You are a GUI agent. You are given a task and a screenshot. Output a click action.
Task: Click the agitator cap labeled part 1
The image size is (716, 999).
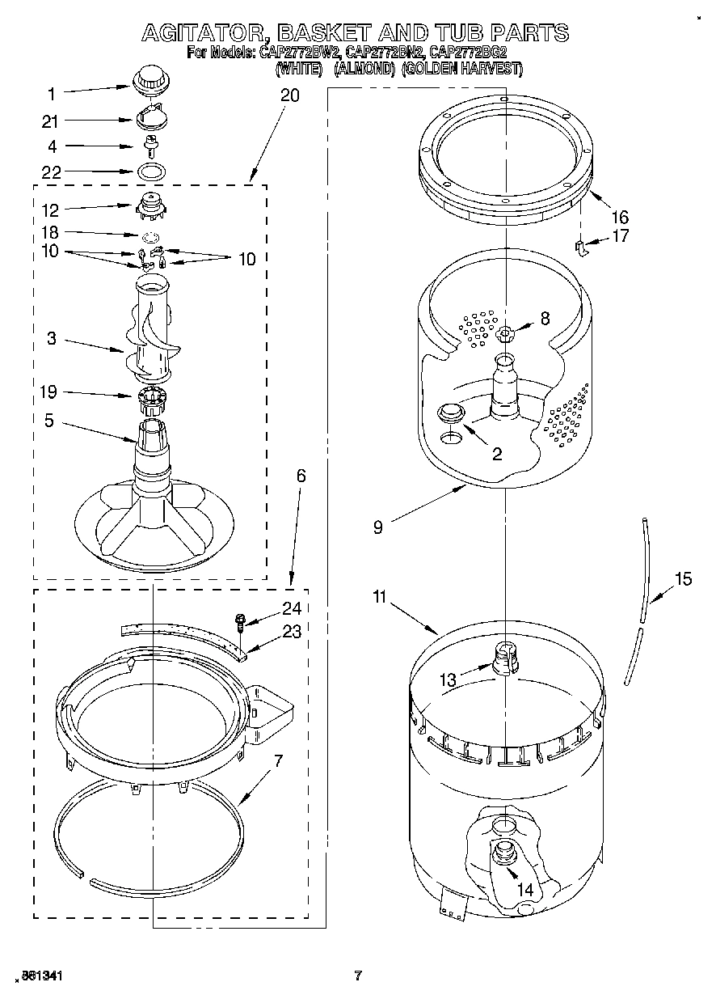(x=148, y=80)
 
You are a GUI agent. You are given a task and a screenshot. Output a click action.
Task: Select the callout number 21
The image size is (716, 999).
(x=50, y=121)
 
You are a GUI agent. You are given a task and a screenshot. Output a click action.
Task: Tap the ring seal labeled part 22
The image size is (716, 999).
(x=150, y=171)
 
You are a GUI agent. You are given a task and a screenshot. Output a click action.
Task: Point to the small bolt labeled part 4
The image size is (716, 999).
(x=150, y=146)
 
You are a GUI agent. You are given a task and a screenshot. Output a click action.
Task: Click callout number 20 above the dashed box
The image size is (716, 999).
(x=289, y=95)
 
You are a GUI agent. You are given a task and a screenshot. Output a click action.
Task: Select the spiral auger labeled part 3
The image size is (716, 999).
(x=151, y=332)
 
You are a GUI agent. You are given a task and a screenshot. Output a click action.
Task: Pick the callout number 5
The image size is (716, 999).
(x=50, y=421)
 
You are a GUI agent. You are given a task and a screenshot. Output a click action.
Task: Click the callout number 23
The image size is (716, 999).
(x=290, y=632)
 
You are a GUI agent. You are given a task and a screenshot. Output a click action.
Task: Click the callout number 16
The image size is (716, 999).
(x=620, y=217)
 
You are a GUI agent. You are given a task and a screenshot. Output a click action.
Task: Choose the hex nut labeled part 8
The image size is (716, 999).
(x=505, y=332)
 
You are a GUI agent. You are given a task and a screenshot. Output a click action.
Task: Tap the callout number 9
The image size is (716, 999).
(x=377, y=527)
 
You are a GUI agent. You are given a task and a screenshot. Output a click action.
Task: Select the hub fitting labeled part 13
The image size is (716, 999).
(x=503, y=656)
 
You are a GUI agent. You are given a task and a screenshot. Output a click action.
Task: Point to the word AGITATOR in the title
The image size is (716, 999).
(x=205, y=33)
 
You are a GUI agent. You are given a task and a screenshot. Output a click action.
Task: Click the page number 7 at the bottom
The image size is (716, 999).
(x=357, y=976)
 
